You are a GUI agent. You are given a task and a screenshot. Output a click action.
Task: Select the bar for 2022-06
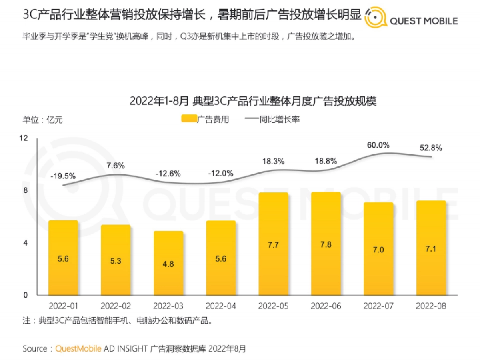click(326, 244)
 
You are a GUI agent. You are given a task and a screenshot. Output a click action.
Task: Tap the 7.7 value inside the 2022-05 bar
click(273, 245)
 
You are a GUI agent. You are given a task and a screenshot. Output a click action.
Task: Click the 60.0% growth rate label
click(378, 145)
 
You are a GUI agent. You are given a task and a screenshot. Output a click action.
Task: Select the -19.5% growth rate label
click(63, 176)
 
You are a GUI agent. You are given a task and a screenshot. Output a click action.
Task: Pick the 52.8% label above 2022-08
click(431, 148)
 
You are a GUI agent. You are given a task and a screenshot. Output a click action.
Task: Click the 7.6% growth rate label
click(116, 165)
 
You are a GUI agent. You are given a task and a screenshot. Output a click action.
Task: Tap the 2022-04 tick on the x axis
click(221, 306)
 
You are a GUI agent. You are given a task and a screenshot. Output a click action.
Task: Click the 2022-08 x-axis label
click(431, 306)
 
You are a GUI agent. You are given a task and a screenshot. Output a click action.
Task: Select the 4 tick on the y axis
click(26, 243)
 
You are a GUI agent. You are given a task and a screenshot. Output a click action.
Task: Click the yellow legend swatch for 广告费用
click(188, 119)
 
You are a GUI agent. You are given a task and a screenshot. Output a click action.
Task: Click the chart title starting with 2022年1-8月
click(253, 101)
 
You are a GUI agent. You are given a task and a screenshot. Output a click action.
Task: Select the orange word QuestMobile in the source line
click(78, 348)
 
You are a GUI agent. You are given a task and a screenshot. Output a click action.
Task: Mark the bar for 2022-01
click(63, 258)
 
